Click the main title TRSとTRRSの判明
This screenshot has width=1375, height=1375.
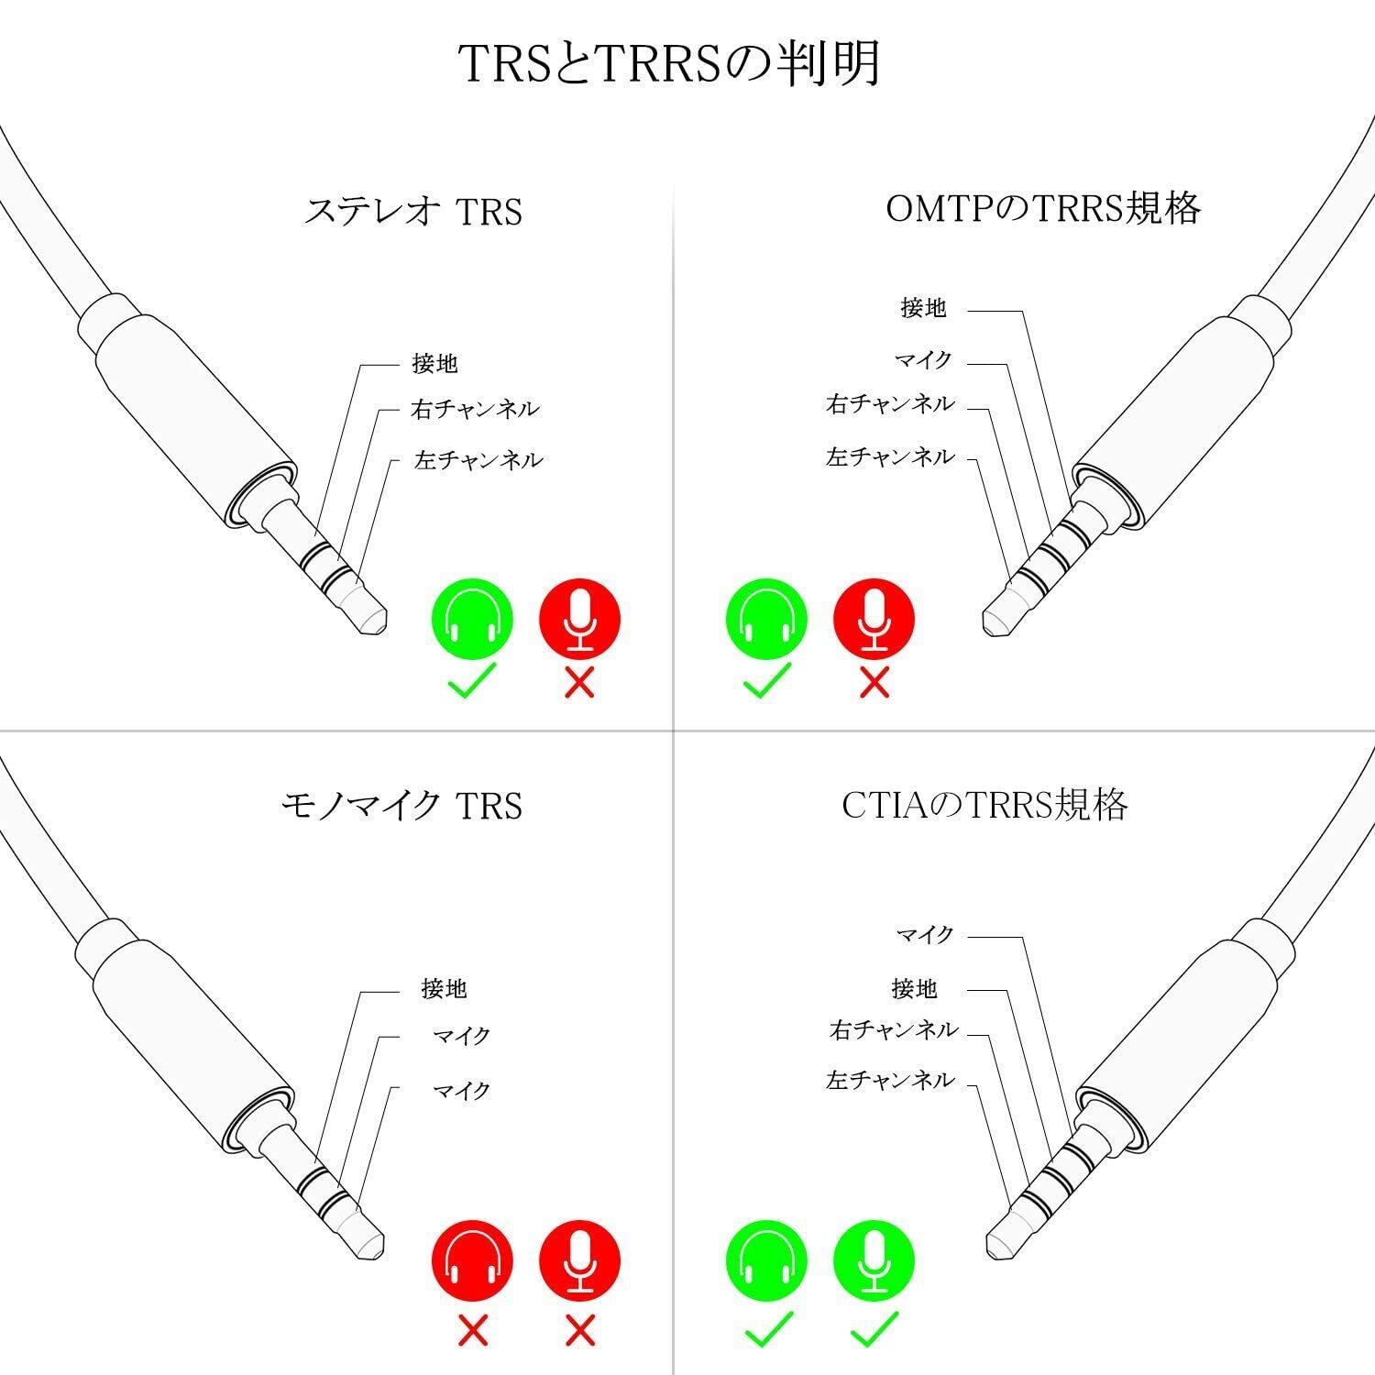tap(669, 64)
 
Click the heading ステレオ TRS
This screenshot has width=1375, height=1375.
tap(413, 212)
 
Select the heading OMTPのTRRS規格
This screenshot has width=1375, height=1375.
tap(1043, 209)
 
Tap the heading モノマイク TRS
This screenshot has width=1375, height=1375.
tap(401, 806)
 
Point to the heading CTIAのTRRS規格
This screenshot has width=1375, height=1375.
tap(984, 805)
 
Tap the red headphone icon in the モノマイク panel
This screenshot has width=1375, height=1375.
tap(471, 1260)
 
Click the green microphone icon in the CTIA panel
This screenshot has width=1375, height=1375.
tap(874, 1260)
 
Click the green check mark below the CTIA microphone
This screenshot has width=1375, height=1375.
tap(874, 1330)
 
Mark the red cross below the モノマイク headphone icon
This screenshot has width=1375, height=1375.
tap(472, 1330)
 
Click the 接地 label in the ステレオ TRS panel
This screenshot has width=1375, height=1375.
tap(434, 364)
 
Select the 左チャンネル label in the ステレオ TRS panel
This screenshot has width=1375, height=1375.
tap(478, 459)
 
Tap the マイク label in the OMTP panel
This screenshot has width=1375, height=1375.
tap(924, 360)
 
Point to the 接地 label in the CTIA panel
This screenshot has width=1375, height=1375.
tap(914, 988)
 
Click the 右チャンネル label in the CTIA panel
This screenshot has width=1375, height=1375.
tap(894, 1030)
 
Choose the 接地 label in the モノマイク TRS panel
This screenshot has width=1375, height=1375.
tap(444, 989)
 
